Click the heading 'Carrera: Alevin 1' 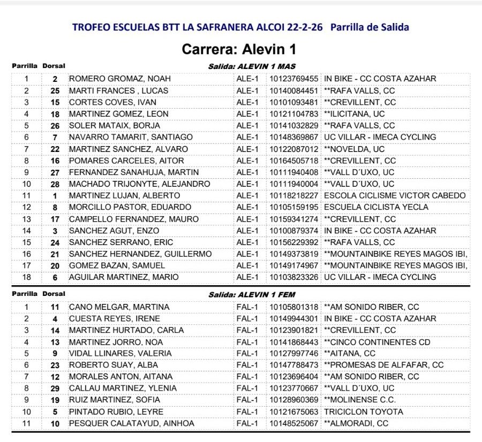coord(239,50)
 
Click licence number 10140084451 coord(293,90)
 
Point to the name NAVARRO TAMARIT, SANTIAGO coord(131,137)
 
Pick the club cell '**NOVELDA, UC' coord(354,149)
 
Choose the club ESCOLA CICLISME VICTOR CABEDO coord(395,195)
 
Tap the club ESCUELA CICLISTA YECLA coord(376,207)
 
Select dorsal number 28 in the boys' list coord(55,184)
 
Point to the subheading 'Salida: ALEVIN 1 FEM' coord(252,294)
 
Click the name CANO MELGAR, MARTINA coord(119,307)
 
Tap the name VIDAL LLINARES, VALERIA coord(120,353)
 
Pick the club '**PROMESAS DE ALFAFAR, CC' coord(383,365)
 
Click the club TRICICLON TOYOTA coord(364,411)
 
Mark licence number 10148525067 coord(293,423)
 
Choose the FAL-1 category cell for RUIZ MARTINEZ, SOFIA coord(247,400)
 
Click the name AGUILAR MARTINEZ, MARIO coord(124,277)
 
